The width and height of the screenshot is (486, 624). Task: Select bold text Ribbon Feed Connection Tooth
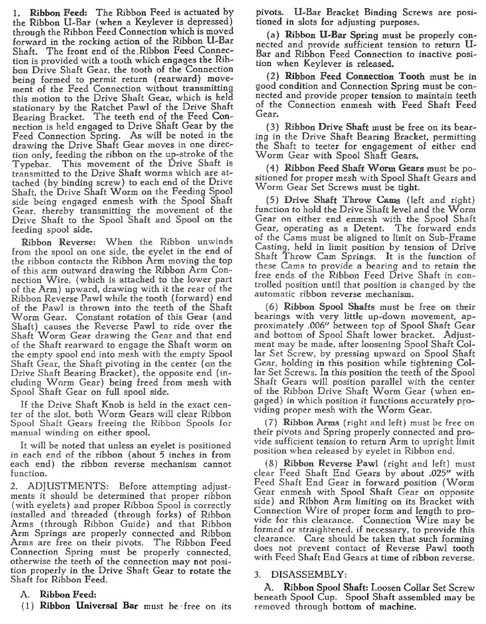354,76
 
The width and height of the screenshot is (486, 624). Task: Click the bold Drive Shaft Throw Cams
342,200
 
